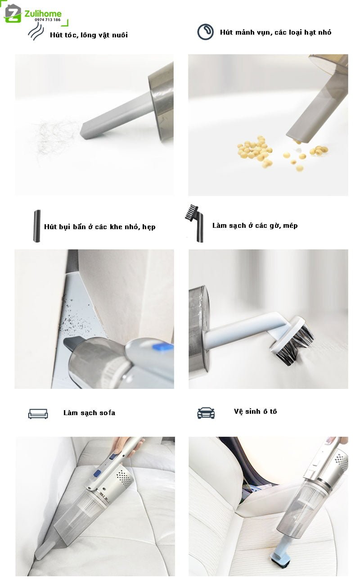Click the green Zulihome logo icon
pyautogui.click(x=13, y=14)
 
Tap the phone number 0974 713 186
pyautogui.click(x=48, y=20)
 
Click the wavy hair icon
pyautogui.click(x=36, y=31)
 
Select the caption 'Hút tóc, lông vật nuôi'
pyautogui.click(x=89, y=35)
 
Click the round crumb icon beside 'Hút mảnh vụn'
pyautogui.click(x=206, y=32)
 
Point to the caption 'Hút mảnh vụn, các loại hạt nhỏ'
pyautogui.click(x=275, y=32)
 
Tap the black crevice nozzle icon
pyautogui.click(x=37, y=226)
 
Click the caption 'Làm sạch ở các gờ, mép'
pyautogui.click(x=255, y=226)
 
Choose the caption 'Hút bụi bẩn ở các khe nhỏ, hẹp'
pyautogui.click(x=100, y=227)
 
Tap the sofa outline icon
pyautogui.click(x=38, y=414)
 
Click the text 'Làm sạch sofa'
pyautogui.click(x=89, y=412)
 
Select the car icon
pyautogui.click(x=206, y=413)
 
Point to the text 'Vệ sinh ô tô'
pyautogui.click(x=255, y=411)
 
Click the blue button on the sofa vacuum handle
pyautogui.click(x=97, y=473)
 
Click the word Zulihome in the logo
pyautogui.click(x=43, y=14)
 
